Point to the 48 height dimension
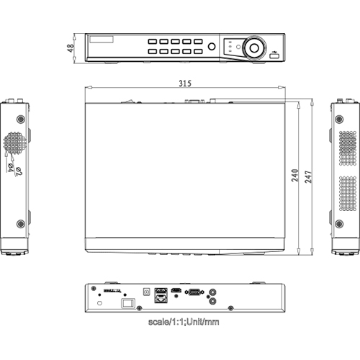(71, 48)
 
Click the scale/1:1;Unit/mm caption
(183, 322)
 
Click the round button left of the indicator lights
(212, 48)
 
